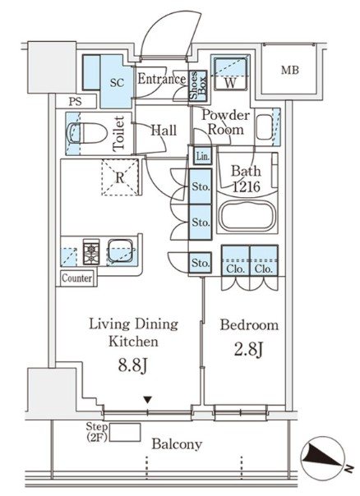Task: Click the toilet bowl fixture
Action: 86,133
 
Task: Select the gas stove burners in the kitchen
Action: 91,252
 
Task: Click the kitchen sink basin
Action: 120,250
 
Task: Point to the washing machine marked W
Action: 230,73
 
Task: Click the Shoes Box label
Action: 198,85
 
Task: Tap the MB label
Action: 290,70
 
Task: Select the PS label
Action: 76,101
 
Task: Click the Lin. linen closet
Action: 203,156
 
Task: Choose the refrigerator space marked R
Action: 120,177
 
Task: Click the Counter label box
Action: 77,278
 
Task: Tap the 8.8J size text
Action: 132,365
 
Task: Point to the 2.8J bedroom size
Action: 249,349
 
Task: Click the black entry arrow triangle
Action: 147,400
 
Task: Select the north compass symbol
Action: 324,457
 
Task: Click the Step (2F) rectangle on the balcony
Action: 125,432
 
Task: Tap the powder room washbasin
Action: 265,127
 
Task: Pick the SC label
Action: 117,83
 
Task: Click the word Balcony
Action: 177,444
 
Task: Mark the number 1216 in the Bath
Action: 247,186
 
